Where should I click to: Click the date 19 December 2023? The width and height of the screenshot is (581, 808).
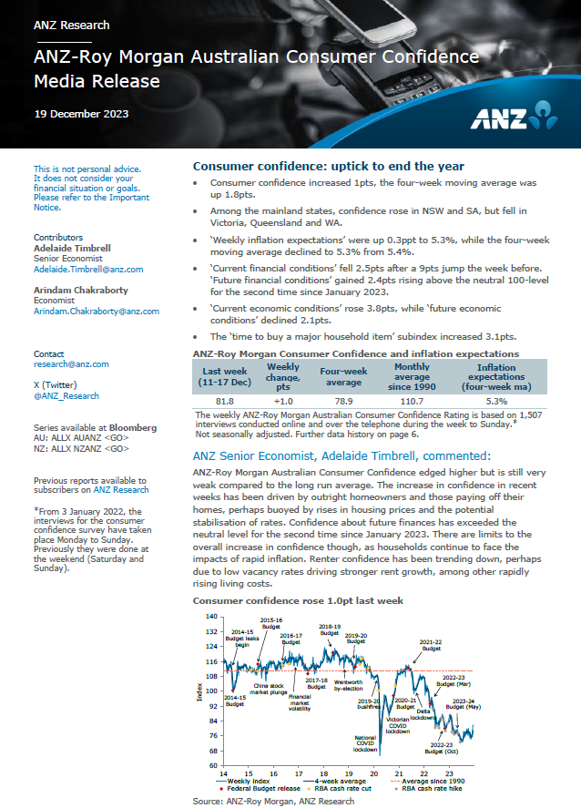(81, 114)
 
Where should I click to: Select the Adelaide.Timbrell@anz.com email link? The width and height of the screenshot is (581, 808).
(88, 270)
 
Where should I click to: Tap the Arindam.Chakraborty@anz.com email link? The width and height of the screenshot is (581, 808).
(96, 311)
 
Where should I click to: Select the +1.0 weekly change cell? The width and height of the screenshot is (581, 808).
(282, 401)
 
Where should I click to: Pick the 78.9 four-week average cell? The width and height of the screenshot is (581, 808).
(342, 401)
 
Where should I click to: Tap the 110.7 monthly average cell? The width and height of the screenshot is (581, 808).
(411, 401)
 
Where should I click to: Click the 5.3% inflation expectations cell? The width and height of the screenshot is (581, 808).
(496, 401)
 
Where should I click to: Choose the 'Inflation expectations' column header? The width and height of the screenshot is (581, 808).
(496, 375)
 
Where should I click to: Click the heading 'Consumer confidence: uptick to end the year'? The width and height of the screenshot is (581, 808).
(329, 167)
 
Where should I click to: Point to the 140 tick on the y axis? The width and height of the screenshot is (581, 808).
(211, 617)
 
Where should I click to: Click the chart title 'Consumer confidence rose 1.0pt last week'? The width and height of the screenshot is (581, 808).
(298, 601)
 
